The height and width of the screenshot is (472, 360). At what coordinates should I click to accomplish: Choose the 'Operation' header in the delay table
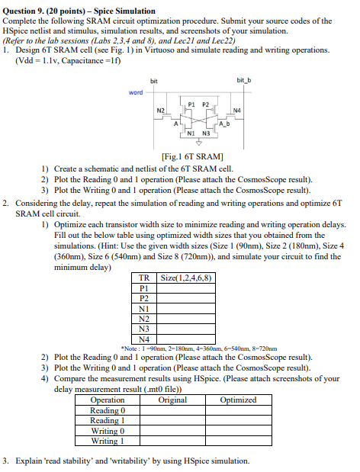(x=107, y=400)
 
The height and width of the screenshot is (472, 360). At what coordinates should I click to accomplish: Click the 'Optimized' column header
(x=238, y=400)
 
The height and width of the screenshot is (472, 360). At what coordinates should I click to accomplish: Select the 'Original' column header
(x=172, y=400)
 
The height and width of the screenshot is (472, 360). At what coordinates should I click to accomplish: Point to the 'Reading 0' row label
(x=107, y=410)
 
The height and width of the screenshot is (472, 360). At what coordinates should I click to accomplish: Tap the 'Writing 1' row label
(x=107, y=441)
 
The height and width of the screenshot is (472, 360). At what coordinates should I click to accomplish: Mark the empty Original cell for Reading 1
(x=172, y=420)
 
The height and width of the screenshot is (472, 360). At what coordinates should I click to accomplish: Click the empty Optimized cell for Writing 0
(x=238, y=431)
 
